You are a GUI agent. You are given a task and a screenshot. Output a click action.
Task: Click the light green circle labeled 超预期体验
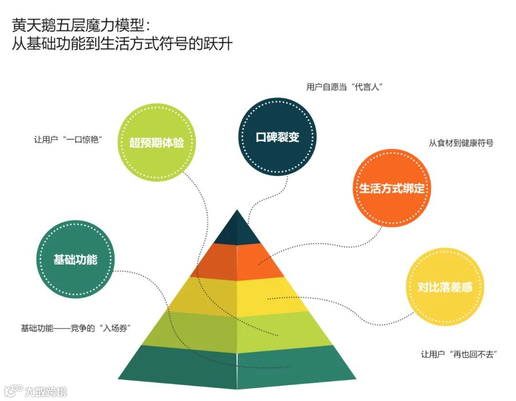click(157, 143)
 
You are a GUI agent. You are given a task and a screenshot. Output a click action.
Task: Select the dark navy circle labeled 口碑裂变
click(278, 137)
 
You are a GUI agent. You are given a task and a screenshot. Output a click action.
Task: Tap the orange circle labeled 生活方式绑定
click(392, 188)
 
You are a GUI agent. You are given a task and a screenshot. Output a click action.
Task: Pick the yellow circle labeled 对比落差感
click(445, 287)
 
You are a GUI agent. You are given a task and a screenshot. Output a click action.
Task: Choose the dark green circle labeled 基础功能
click(75, 259)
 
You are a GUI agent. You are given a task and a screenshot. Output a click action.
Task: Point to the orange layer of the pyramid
click(237, 262)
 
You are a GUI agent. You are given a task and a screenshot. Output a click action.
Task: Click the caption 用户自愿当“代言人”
click(345, 87)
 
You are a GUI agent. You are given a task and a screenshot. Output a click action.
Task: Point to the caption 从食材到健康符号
click(461, 143)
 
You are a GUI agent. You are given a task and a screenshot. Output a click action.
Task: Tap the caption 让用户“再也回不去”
click(459, 354)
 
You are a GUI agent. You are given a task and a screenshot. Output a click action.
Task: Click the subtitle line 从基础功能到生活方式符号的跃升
click(122, 44)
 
